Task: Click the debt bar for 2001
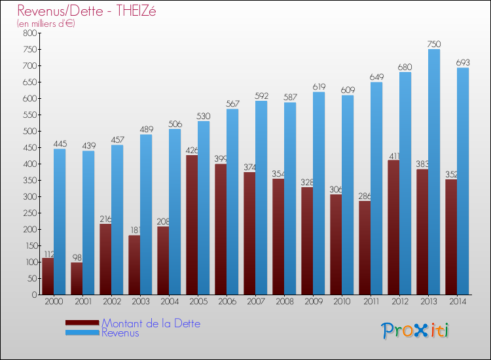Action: pyautogui.click(x=77, y=278)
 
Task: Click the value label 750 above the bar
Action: pyautogui.click(x=433, y=44)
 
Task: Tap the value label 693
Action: pyautogui.click(x=462, y=62)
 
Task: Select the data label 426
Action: pyautogui.click(x=191, y=150)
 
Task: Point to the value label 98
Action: pyautogui.click(x=77, y=256)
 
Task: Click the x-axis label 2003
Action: pyautogui.click(x=140, y=302)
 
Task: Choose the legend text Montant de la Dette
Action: pyautogui.click(x=151, y=323)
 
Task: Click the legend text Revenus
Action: pyautogui.click(x=120, y=333)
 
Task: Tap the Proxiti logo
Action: pyautogui.click(x=416, y=331)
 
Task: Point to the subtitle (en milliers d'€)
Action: pyautogui.click(x=46, y=24)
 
